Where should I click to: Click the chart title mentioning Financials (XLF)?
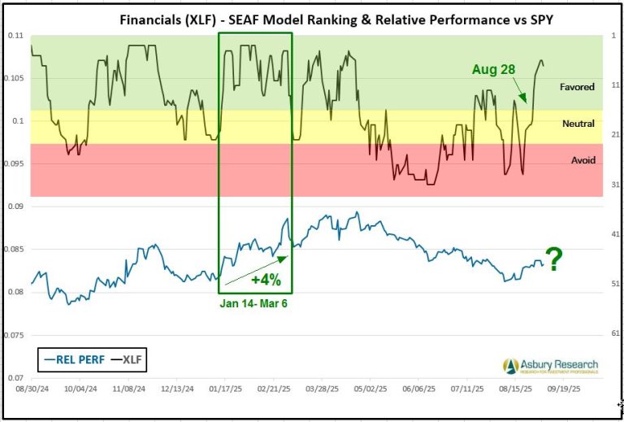(312, 19)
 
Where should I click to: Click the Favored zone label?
(577, 86)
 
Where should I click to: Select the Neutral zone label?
(578, 124)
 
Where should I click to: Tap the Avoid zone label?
(583, 160)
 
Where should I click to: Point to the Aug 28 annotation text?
(493, 70)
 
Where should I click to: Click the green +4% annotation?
(265, 281)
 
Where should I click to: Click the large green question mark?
(554, 260)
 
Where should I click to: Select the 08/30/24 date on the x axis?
(32, 389)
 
